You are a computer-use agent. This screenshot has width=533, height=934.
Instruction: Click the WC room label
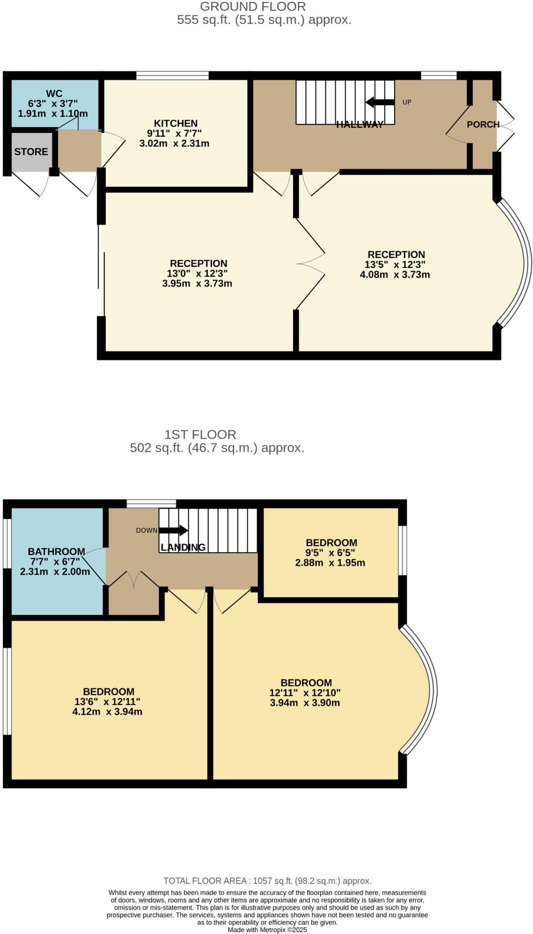coord(54,94)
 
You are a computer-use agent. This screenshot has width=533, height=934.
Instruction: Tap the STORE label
coord(31,152)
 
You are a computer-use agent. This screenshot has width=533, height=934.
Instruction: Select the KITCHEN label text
coord(175,124)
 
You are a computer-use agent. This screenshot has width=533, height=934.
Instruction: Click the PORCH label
coord(483,125)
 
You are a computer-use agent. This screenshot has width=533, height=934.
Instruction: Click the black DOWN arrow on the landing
coord(173,530)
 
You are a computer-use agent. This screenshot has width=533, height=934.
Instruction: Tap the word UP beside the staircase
coord(407,102)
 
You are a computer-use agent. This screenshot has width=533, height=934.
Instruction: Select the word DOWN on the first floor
coord(147,530)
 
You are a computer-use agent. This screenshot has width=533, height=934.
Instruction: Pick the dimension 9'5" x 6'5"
coord(331,553)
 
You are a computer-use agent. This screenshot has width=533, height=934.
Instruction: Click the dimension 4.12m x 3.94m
coord(108,711)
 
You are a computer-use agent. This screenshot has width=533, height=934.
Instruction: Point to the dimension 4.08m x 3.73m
coord(395,275)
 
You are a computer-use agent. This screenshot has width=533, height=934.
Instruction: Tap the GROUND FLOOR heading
coord(253,7)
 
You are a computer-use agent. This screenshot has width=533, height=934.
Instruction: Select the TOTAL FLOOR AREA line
coord(267,881)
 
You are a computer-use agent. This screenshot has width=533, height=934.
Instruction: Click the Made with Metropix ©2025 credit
coord(267,930)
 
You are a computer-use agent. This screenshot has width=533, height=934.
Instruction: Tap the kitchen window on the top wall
coord(173,75)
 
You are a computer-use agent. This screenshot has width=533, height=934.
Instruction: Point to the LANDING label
coord(183,547)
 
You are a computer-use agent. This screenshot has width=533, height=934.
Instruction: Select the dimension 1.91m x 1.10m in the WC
coord(53,114)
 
